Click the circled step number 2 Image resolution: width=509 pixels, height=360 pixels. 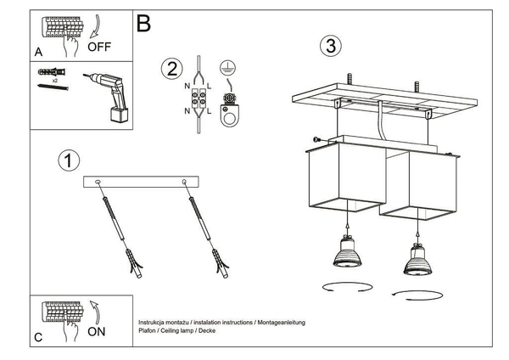(171, 68)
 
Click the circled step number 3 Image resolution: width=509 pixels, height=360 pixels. (330, 46)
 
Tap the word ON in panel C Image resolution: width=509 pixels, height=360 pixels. (98, 331)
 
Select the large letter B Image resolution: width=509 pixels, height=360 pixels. (144, 24)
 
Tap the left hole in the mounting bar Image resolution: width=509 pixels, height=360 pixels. (100, 183)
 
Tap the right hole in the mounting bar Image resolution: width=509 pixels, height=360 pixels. (184, 183)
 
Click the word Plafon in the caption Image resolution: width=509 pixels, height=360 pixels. (148, 333)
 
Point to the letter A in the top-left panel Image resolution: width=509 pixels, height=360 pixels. (38, 52)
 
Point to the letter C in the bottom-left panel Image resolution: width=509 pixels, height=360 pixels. (38, 337)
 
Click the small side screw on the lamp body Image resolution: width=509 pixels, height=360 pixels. (316, 140)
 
